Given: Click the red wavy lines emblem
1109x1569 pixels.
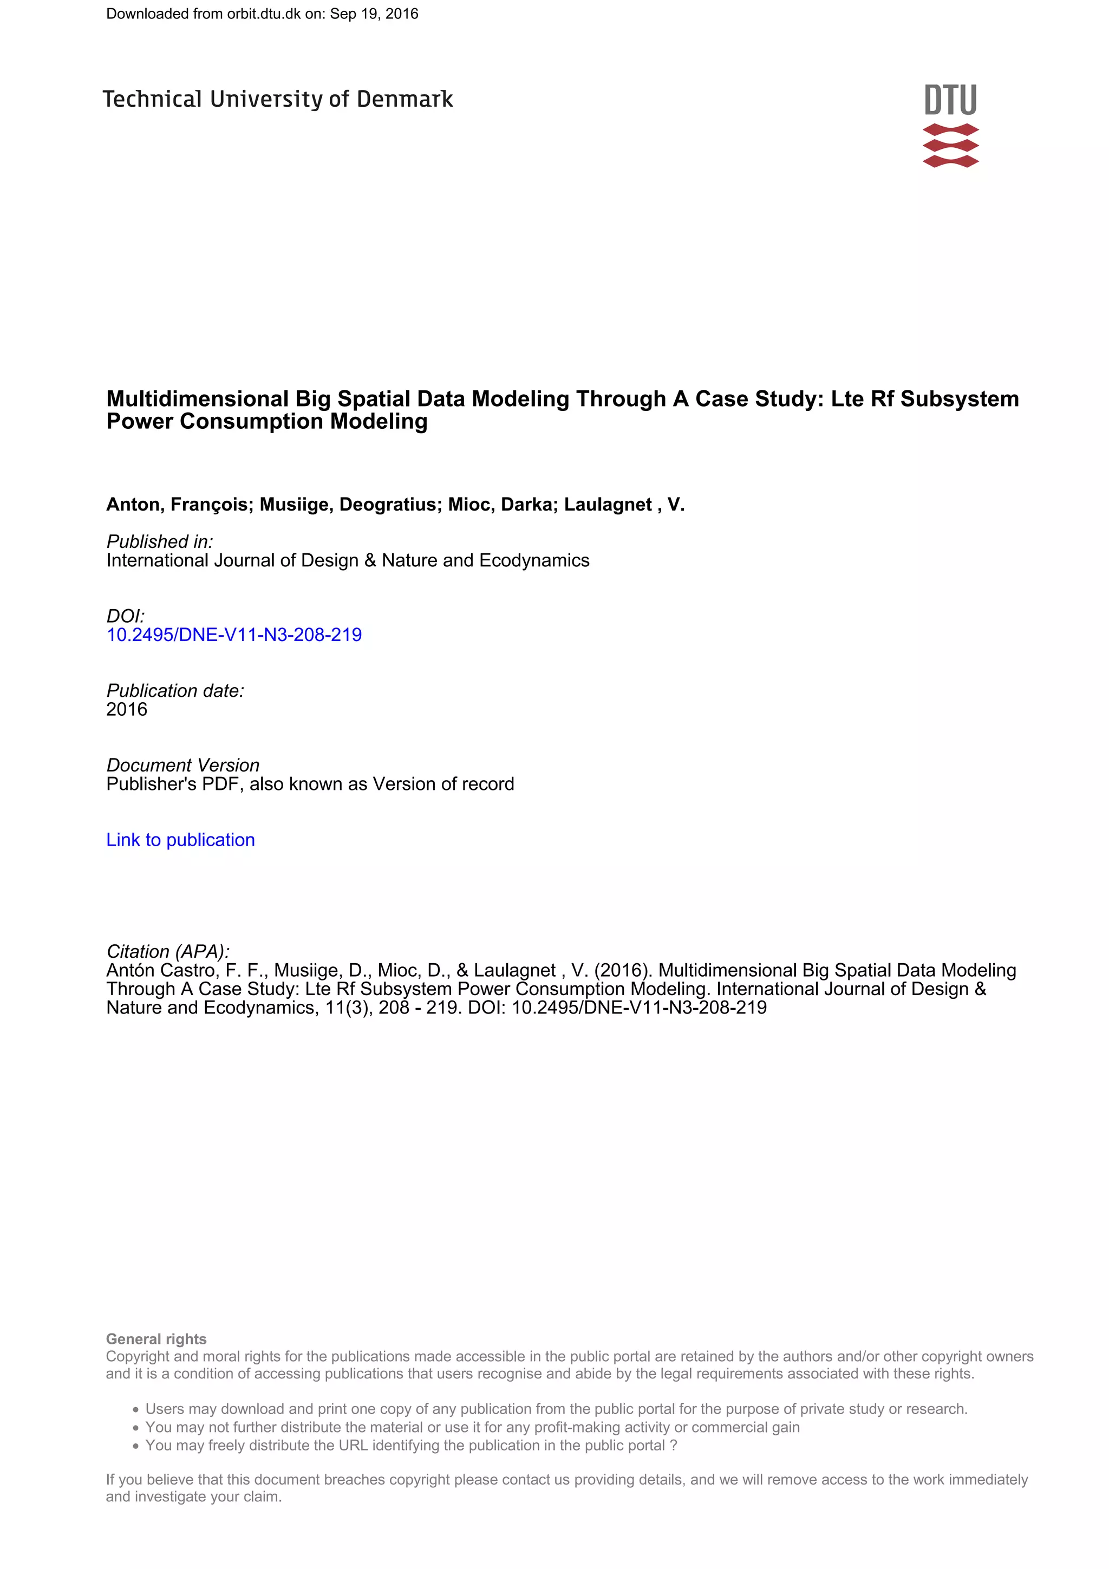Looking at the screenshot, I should [x=950, y=146].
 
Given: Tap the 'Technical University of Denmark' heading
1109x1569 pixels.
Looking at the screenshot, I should [x=277, y=100].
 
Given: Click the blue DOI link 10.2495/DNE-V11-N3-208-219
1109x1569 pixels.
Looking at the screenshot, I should [x=234, y=635].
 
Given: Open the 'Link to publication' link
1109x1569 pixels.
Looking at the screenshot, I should [x=180, y=840].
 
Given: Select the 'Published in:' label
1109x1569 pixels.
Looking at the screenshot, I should [x=159, y=542].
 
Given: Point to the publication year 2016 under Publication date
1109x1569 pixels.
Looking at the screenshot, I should [x=126, y=710].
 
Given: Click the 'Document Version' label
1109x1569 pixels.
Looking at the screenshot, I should [x=182, y=766].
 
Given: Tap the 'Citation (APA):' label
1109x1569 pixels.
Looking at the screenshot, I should [x=167, y=951].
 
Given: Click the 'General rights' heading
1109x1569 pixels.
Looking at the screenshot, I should [x=156, y=1339].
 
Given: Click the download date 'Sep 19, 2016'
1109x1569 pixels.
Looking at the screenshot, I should [x=374, y=14].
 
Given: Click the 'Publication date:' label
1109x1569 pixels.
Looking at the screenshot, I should [x=175, y=691].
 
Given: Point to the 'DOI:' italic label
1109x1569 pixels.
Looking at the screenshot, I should [x=125, y=616].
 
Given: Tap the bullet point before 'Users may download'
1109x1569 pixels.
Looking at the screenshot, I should [x=136, y=1410].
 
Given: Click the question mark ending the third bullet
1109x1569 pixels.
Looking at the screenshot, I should [x=673, y=1446].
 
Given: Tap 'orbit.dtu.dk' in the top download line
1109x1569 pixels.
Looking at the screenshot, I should [x=264, y=14].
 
